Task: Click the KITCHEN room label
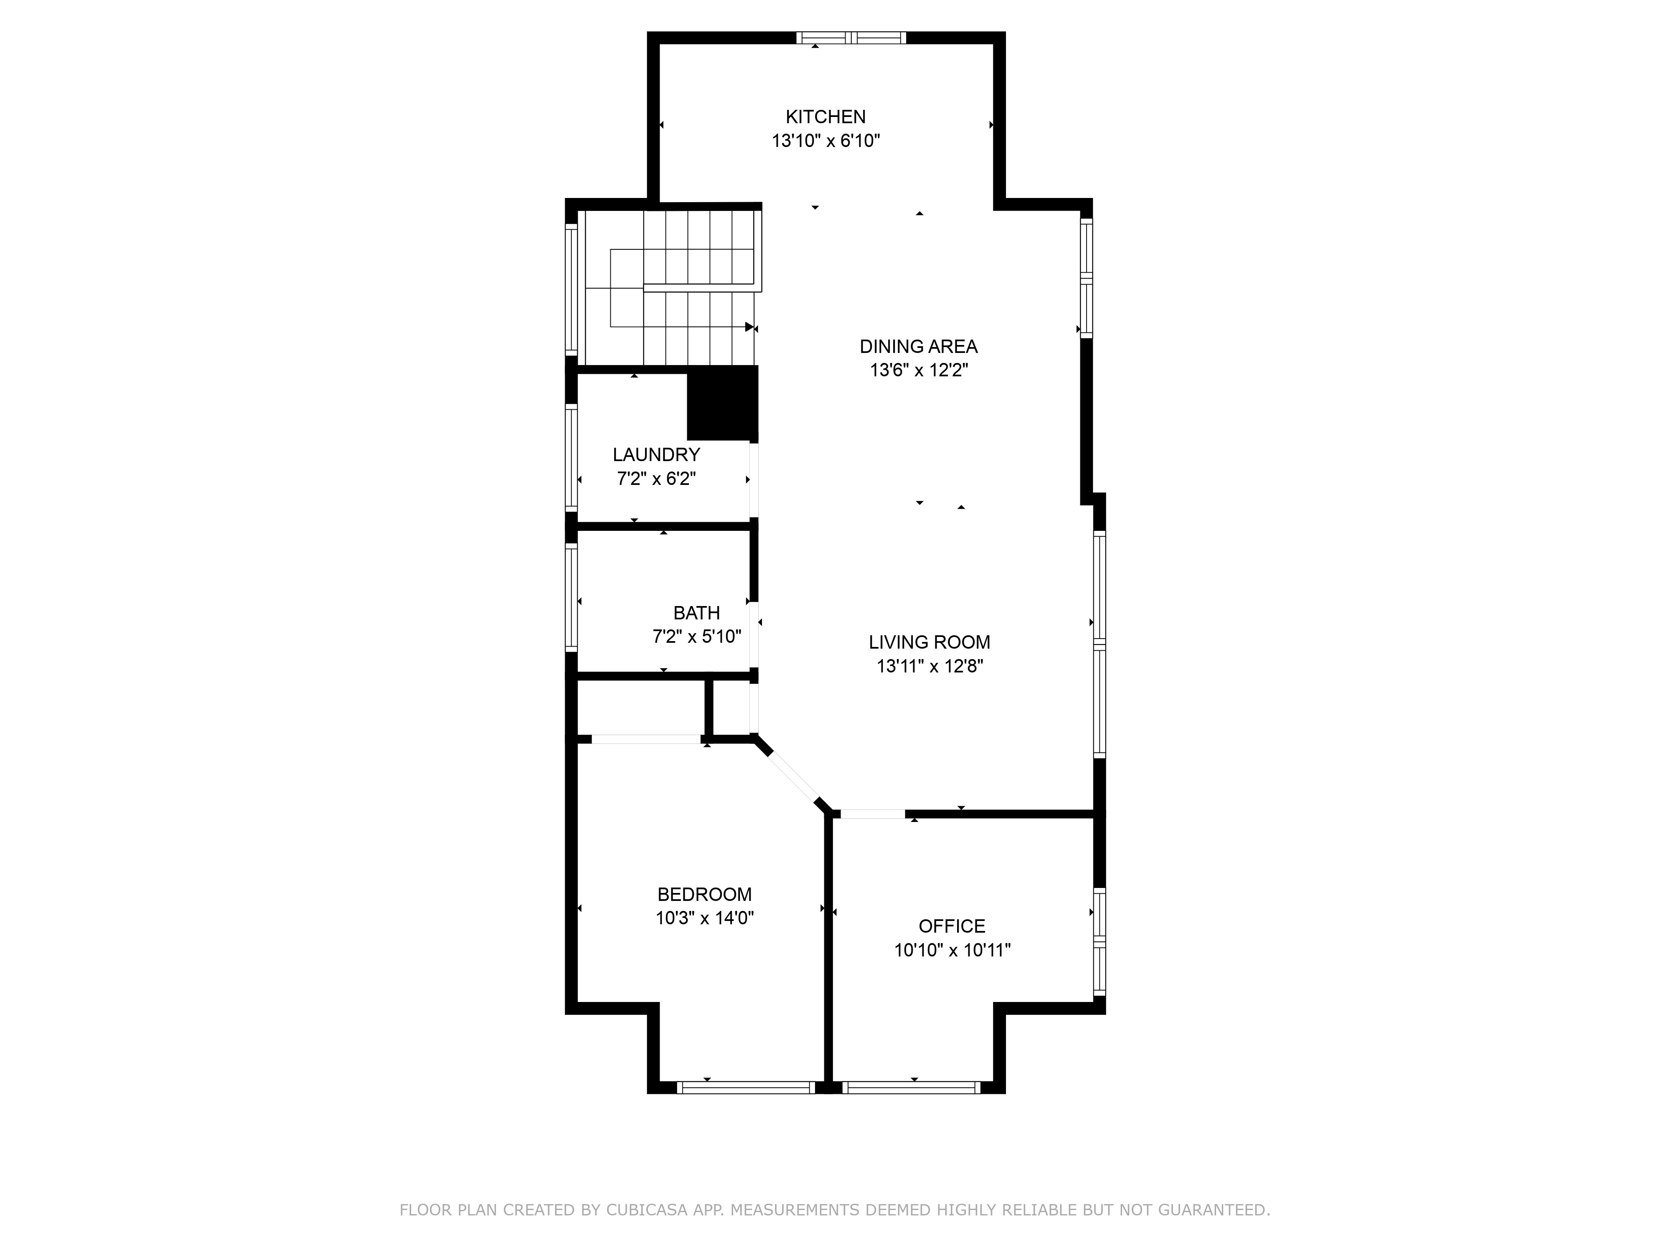(825, 117)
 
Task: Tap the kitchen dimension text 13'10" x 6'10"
(825, 141)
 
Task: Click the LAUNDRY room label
(656, 455)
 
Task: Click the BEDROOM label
(704, 895)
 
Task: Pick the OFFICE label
(951, 927)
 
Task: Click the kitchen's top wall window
(851, 38)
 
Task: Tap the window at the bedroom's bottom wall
(746, 1088)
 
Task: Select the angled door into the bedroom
(793, 779)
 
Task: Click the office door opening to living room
(873, 814)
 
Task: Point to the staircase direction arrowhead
(749, 327)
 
